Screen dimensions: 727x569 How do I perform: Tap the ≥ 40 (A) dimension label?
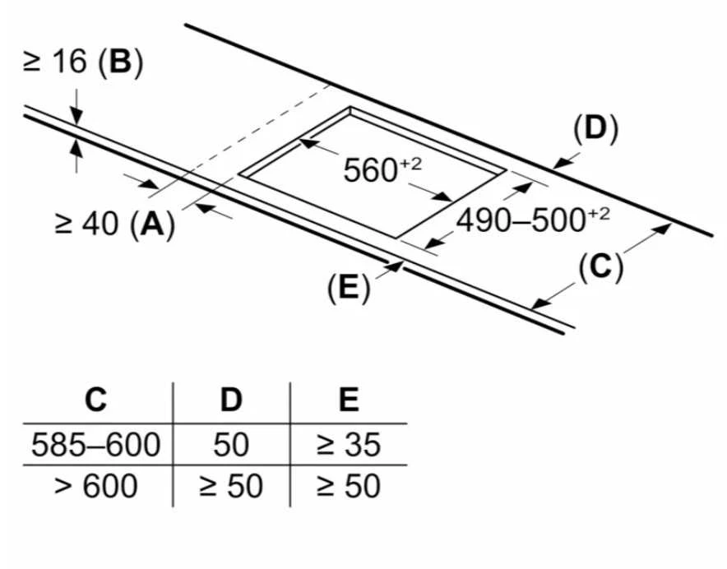point(114,224)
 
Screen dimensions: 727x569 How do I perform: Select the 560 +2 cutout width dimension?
point(382,169)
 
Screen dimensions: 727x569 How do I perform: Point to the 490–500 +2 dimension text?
point(533,220)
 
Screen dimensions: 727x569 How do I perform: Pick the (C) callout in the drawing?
point(600,267)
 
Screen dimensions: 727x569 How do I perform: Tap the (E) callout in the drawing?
point(349,288)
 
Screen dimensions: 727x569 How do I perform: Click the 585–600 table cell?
point(96,444)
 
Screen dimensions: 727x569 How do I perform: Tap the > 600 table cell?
point(96,486)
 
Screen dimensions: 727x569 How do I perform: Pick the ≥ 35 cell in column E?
point(349,444)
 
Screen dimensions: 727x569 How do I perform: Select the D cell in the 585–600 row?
point(231,444)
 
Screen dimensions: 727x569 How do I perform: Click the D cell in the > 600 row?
point(231,486)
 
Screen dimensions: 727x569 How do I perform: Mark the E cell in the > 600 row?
point(349,486)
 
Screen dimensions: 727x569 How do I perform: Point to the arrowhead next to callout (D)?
point(562,163)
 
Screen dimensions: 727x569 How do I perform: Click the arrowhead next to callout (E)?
point(394,266)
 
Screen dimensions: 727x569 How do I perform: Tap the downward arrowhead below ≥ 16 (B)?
point(76,117)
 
